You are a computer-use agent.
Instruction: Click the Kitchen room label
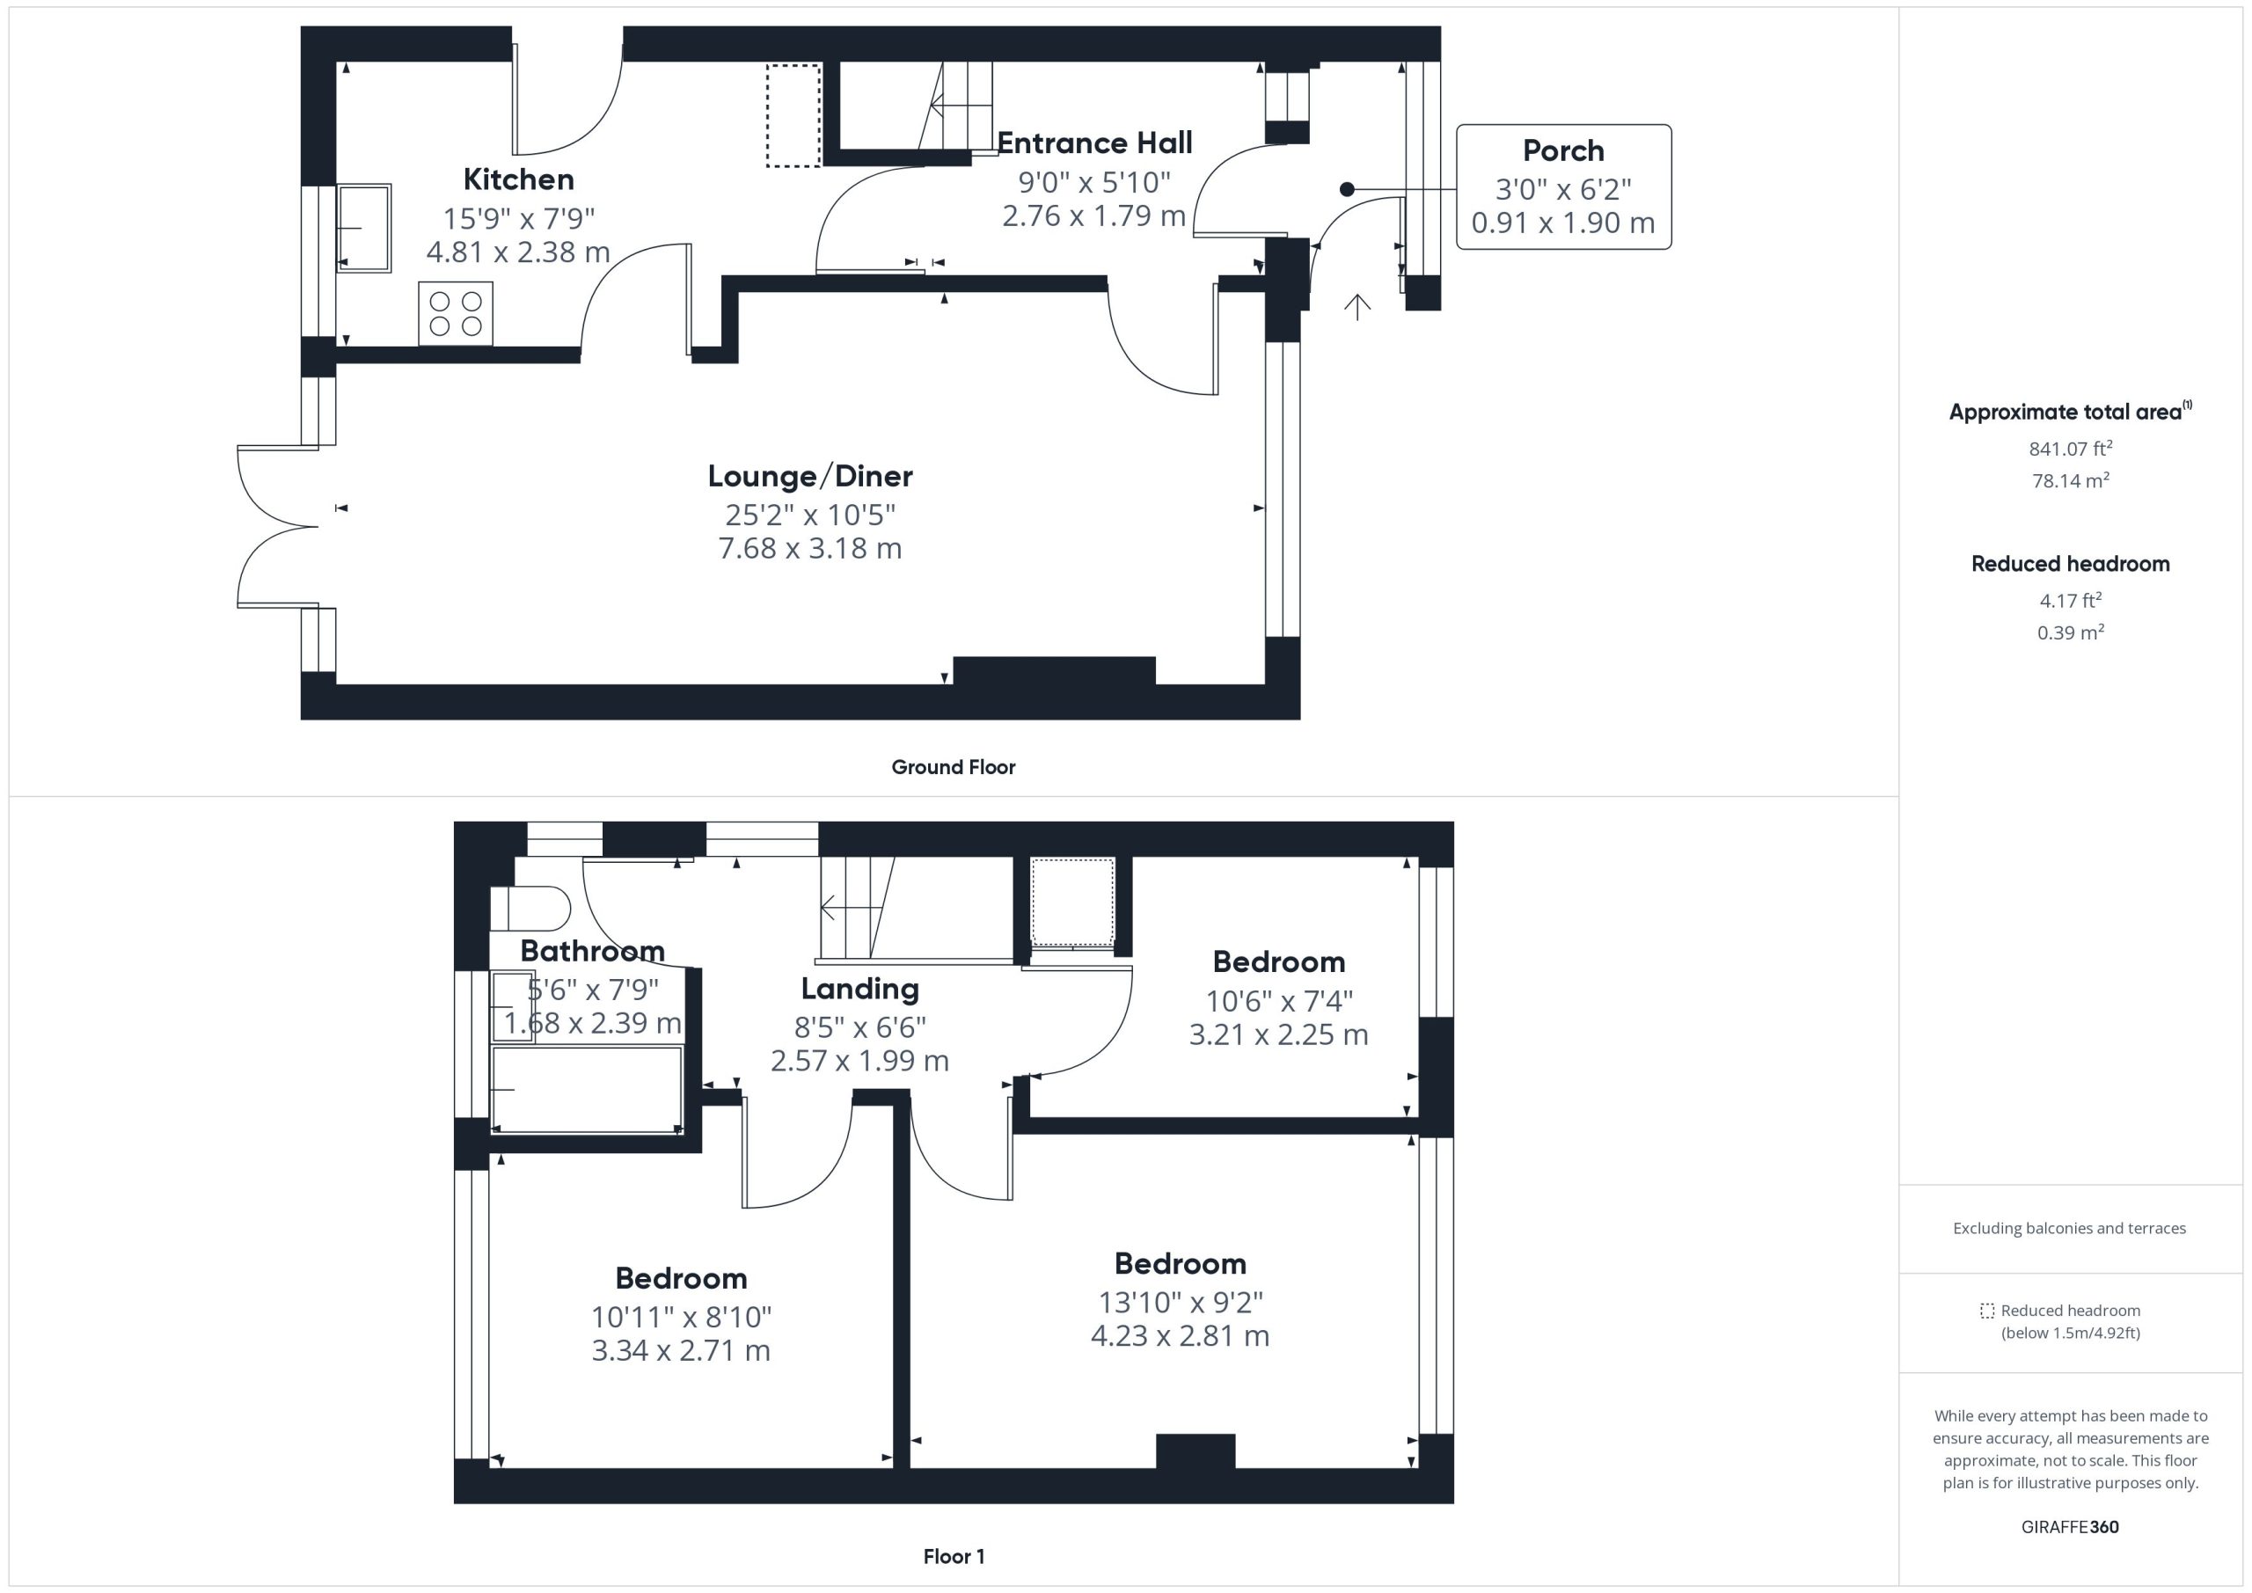point(519,179)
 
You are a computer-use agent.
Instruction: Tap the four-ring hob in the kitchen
point(456,314)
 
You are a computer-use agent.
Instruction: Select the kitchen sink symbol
point(364,228)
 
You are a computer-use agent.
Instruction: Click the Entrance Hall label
point(1094,143)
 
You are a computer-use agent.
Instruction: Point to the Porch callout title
point(1563,151)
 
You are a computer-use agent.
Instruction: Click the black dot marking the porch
point(1347,189)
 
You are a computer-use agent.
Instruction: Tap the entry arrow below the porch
point(1357,307)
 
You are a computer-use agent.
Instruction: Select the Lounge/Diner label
point(810,477)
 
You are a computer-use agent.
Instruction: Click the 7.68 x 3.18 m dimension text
point(810,548)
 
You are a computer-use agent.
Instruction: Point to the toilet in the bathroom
point(530,909)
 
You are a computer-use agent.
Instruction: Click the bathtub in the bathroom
point(587,1090)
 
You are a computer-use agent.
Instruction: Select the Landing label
point(860,989)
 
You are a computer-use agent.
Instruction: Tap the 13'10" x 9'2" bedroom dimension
point(1180,1303)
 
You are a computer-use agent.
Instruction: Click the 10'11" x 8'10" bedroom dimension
point(682,1318)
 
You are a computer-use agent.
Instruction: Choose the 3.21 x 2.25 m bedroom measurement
point(1279,1034)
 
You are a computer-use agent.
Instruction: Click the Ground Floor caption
point(954,767)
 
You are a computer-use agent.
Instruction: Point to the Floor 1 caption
point(954,1557)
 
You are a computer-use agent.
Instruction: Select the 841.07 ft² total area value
point(2071,449)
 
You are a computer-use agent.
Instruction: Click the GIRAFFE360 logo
point(2071,1527)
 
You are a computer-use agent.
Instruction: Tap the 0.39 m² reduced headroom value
point(2071,632)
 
